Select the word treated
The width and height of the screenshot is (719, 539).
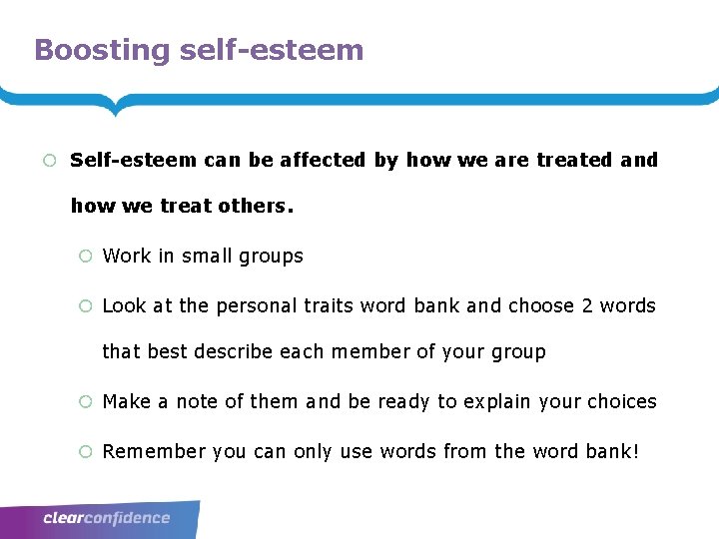[x=574, y=160]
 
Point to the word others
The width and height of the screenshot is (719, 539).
[x=257, y=206]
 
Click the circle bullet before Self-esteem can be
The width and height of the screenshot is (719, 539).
[x=48, y=161]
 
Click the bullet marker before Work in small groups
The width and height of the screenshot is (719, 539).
[x=85, y=257]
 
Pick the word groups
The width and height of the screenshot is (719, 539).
[x=270, y=257]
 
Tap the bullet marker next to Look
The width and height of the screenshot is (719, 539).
[x=85, y=306]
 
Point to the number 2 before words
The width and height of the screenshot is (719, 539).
[x=586, y=305]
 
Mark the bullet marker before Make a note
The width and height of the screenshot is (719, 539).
[x=85, y=402]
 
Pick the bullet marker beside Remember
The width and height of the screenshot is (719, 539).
[x=85, y=452]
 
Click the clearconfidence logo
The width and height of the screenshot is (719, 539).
[x=107, y=518]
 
